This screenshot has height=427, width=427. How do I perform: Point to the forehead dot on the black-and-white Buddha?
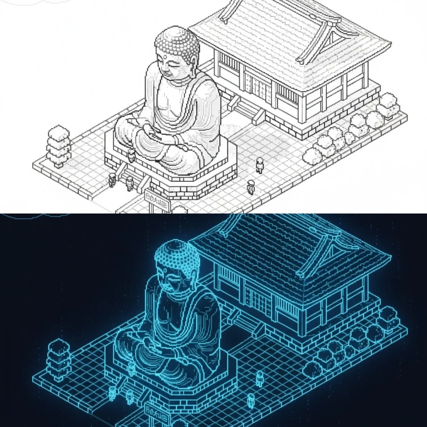point(166,56)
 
